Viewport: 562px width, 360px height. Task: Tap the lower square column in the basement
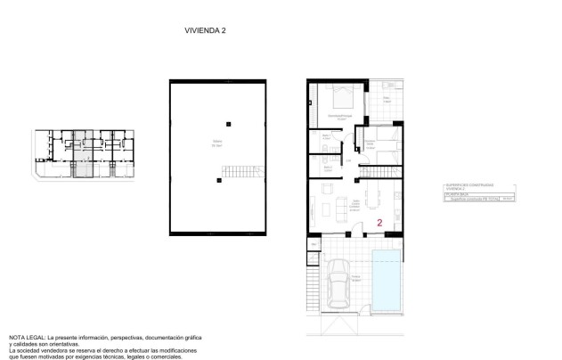(217, 180)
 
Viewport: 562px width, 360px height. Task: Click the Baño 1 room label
(326, 137)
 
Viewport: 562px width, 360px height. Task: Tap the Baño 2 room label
(327, 166)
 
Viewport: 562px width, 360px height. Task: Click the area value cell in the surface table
(509, 200)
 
